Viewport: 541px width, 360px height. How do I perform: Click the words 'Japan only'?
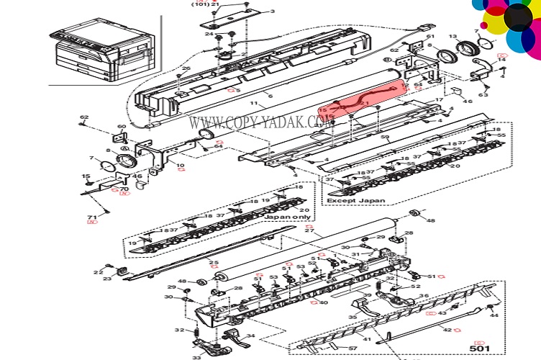[288, 216]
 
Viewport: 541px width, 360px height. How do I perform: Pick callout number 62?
[84, 117]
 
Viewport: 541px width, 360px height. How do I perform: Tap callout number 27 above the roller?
[310, 230]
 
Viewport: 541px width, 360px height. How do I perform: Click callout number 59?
[385, 138]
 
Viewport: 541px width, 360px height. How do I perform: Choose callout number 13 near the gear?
[453, 37]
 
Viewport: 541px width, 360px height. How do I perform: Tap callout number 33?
[196, 356]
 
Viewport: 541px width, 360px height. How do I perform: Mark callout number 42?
[447, 330]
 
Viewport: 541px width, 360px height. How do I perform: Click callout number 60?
[122, 127]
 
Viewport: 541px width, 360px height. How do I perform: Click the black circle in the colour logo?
[517, 16]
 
